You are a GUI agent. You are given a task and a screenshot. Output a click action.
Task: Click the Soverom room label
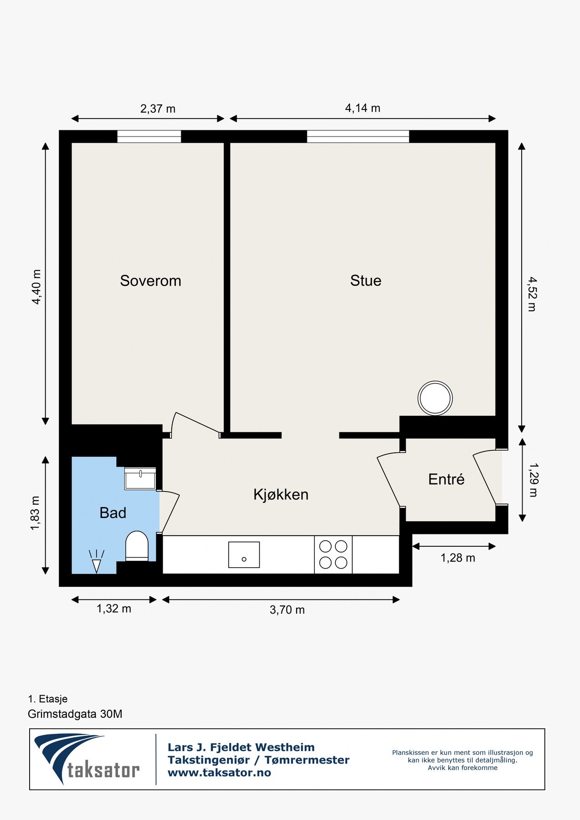click(x=150, y=281)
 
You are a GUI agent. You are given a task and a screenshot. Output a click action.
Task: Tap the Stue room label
click(x=365, y=281)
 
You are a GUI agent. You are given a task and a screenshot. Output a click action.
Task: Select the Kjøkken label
click(x=281, y=494)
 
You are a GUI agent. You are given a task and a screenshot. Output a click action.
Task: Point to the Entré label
click(x=446, y=479)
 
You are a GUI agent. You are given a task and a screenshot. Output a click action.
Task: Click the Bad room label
click(x=113, y=513)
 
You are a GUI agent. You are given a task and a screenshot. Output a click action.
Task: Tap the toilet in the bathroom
click(x=137, y=546)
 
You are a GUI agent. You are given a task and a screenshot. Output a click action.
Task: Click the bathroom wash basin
click(x=140, y=479)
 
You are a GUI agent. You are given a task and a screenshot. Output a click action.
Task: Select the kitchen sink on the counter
click(x=244, y=554)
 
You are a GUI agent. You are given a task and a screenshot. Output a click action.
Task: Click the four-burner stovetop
click(x=333, y=554)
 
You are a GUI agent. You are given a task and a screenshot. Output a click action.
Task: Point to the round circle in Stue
click(x=435, y=398)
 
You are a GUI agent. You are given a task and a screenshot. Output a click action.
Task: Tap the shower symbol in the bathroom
click(x=97, y=561)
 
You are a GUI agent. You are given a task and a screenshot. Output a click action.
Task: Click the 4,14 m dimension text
click(x=362, y=108)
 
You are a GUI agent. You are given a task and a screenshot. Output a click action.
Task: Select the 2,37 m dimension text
click(x=158, y=108)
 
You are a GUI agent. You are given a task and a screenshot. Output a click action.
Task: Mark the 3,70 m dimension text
click(x=287, y=610)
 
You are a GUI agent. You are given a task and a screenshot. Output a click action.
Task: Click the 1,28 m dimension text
click(x=457, y=558)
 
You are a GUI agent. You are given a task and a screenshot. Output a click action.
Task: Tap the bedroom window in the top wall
click(x=149, y=136)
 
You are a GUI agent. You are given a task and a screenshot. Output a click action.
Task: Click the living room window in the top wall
click(x=358, y=136)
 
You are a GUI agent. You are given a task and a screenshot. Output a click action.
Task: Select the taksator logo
click(x=87, y=759)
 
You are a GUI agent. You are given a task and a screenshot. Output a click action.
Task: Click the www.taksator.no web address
click(x=219, y=773)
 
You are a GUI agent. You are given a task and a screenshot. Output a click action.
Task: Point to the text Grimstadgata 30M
click(x=75, y=714)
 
